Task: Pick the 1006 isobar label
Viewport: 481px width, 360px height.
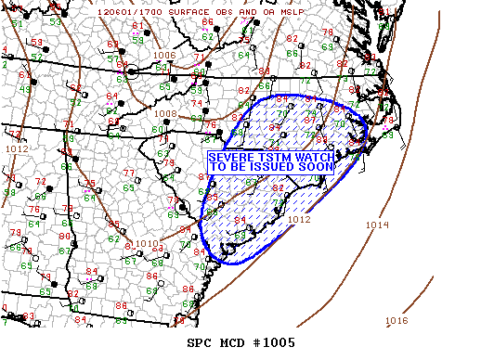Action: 164,56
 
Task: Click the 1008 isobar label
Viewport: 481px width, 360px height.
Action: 164,114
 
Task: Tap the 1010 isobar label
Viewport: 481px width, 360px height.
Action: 149,243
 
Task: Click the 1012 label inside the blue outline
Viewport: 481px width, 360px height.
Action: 298,220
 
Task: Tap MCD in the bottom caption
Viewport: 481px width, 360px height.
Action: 229,342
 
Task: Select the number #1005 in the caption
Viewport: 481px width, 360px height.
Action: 273,342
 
